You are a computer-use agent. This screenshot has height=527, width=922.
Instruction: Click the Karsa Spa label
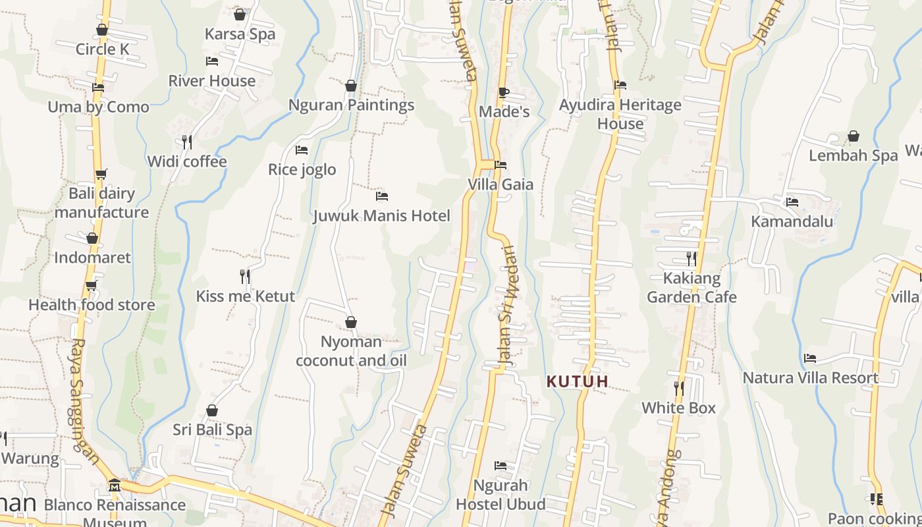pos(240,34)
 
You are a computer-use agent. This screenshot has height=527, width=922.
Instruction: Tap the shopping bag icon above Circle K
pos(102,30)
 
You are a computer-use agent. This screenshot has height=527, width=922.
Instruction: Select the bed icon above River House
pos(212,61)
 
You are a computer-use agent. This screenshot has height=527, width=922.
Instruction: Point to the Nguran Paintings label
pos(351,105)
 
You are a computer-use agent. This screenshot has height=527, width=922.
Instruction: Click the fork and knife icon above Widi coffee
pos(187,142)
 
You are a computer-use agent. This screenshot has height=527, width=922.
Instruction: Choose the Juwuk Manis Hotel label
pos(381,215)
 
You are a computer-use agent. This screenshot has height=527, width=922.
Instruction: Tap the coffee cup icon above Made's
pos(504,92)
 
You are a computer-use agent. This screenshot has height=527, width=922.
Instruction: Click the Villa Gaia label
pos(501,184)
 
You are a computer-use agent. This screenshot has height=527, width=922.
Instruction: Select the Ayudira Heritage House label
pos(620,114)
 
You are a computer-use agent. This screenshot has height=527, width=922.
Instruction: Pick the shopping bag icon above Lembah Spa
pos(854,136)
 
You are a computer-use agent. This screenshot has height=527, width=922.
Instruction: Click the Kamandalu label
pos(792,221)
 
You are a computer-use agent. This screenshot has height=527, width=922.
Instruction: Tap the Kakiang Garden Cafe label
pos(691,288)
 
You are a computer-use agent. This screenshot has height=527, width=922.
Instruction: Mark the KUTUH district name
pos(578,381)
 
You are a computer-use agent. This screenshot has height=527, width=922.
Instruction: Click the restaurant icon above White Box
pos(679,388)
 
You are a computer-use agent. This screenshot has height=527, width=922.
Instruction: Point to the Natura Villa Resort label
pos(811,378)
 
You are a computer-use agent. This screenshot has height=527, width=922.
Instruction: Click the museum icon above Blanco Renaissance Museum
pos(115,485)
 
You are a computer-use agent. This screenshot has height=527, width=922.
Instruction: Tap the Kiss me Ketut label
pos(245,296)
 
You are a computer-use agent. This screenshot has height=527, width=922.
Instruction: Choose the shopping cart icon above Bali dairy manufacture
pos(101,175)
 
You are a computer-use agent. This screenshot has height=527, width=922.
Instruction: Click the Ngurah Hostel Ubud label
pos(501,495)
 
